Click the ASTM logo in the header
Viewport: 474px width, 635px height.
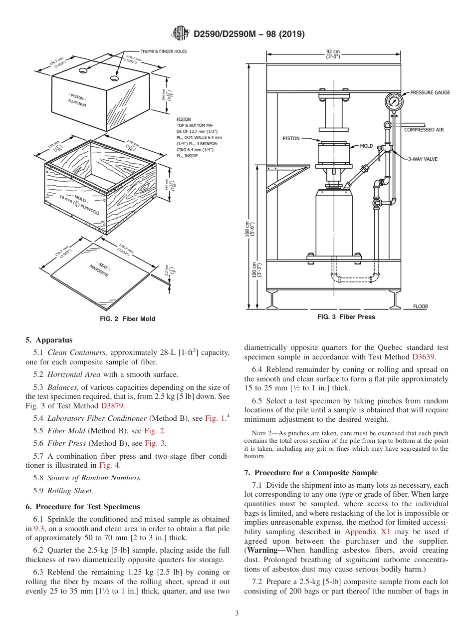coord(180,34)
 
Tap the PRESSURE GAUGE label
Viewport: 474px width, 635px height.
coord(430,92)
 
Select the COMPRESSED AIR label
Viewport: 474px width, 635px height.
coord(424,130)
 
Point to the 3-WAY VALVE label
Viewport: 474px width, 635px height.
coord(423,159)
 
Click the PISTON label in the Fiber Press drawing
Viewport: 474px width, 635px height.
coord(291,138)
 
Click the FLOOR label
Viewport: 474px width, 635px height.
coord(420,307)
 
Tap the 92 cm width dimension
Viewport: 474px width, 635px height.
coord(333,53)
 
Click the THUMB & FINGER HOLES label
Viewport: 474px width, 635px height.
coord(163,51)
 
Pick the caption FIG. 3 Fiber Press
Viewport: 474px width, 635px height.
coord(346,317)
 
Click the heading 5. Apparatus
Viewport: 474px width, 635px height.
coord(49,340)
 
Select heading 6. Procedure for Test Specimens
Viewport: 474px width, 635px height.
coord(83,507)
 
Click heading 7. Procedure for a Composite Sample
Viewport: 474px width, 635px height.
coord(311,473)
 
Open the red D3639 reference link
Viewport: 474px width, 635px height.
coord(423,357)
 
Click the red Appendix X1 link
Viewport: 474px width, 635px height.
coord(368,532)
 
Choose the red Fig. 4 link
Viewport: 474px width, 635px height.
coord(109,465)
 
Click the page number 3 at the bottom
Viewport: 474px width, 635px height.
coord(237,613)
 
